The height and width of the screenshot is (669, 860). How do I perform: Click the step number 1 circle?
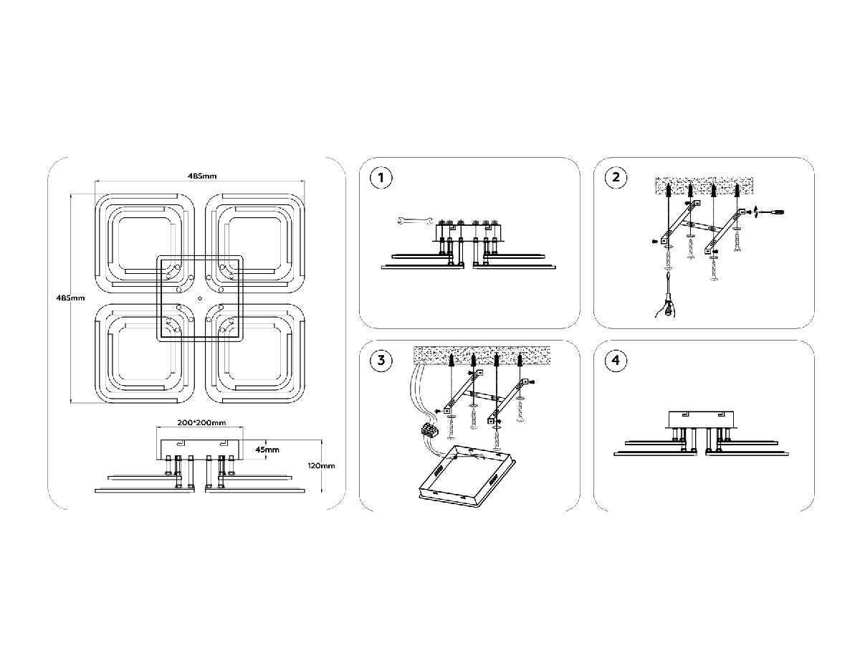point(381,178)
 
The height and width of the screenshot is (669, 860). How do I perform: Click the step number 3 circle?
point(381,360)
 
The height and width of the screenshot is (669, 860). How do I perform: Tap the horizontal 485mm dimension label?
point(201,176)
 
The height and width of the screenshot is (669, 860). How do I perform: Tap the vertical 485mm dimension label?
point(71,298)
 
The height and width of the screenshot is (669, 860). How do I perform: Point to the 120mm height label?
point(321,465)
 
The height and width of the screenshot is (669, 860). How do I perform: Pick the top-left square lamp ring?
point(145,242)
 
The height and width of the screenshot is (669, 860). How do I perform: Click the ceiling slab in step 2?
point(704,186)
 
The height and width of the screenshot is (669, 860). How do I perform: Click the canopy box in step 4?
point(701,419)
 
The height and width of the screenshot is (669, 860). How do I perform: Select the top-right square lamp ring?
point(254,242)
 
